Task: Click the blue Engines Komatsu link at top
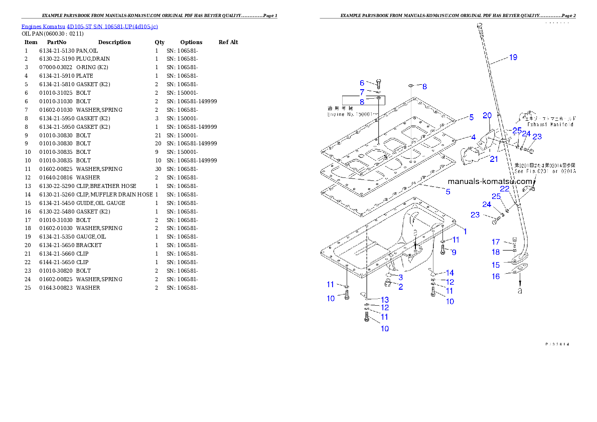tap(89, 26)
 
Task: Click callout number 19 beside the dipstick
tap(513, 57)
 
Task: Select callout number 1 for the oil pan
tap(465, 231)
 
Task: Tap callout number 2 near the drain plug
tap(400, 287)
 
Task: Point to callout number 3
tap(400, 277)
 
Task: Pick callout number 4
tap(473, 137)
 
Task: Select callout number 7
tap(362, 92)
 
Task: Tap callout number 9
tap(454, 252)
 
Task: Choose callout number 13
tap(384, 299)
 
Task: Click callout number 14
tap(450, 273)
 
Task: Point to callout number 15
tap(496, 265)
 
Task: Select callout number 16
tap(496, 277)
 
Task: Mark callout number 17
tap(496, 242)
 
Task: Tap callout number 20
tap(487, 115)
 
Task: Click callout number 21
tap(494, 159)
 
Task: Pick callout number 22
tap(505, 188)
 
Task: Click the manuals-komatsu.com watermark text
tap(490, 181)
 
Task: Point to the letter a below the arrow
tap(520, 290)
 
